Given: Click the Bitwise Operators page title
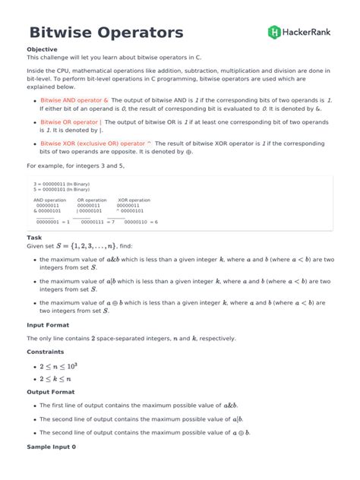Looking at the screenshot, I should coord(106,33).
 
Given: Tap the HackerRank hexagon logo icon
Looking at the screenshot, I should coord(274,32).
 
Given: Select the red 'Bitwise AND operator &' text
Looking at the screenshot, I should coord(74,99).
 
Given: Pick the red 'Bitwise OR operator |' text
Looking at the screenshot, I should coord(71,122).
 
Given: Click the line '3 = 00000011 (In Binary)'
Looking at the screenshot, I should coord(61,184).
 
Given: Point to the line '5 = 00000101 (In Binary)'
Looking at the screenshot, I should coord(61,189).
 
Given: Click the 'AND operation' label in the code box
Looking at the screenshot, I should coord(50,201).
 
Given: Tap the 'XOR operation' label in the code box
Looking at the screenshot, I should coord(134,201).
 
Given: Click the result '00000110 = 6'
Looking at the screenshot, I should coord(137,222).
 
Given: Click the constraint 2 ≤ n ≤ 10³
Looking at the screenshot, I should coord(58,366).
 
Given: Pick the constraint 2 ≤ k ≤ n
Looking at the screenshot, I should coord(55,378).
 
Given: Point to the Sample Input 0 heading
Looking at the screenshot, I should coord(52,447).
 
